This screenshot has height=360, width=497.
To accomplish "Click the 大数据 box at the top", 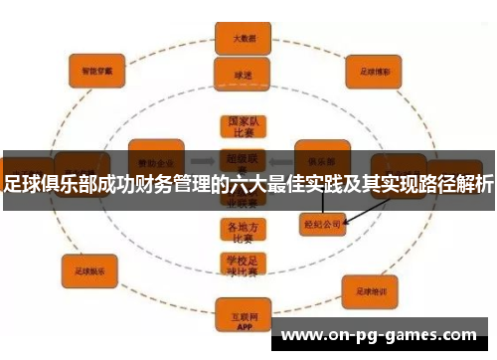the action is click(245, 38).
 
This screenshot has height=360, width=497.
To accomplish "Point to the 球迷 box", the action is click(244, 75).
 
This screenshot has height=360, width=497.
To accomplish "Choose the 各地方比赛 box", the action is click(243, 230).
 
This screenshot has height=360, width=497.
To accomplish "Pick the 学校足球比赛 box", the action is click(243, 264).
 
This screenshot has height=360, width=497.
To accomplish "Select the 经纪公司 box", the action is click(322, 225).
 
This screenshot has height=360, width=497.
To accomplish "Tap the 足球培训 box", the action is click(370, 291).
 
